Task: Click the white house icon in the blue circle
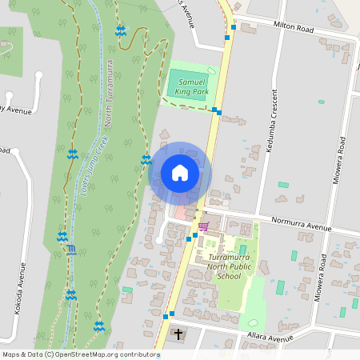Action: click(x=180, y=172)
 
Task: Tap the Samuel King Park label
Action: click(x=194, y=87)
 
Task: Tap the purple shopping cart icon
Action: click(x=203, y=226)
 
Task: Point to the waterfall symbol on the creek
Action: click(x=72, y=250)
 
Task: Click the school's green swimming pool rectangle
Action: click(x=242, y=250)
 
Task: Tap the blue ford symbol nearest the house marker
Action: click(x=146, y=159)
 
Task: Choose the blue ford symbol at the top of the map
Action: click(x=120, y=31)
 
